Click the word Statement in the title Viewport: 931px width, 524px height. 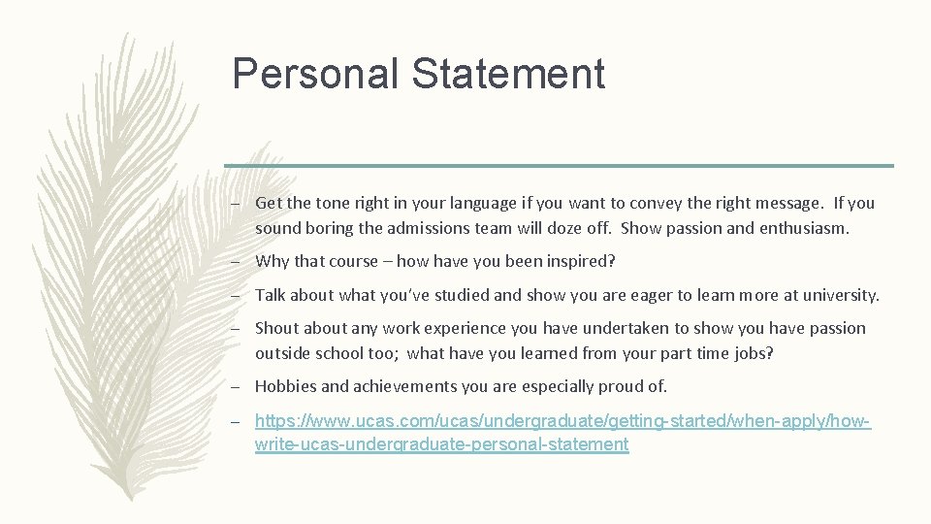pos(513,74)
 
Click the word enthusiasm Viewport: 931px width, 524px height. pos(802,230)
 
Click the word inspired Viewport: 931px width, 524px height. pos(580,262)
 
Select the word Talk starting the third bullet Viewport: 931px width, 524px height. pos(272,295)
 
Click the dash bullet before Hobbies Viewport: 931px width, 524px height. pos(236,386)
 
